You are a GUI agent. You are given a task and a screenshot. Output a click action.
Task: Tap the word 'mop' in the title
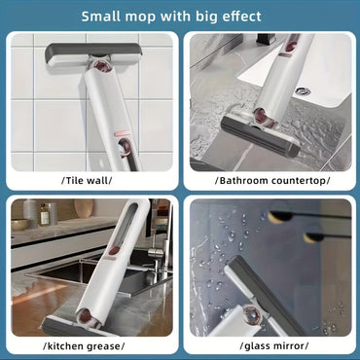pyautogui.click(x=155, y=16)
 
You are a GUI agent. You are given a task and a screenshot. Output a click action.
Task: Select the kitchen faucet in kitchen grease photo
pyautogui.click(x=158, y=234)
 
